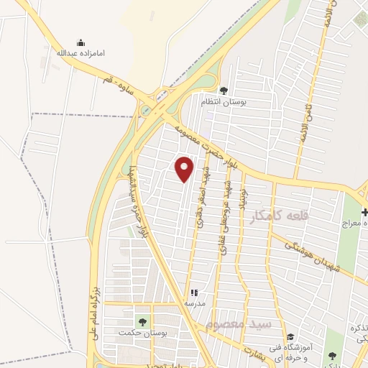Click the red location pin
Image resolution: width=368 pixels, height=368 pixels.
pos(185,168)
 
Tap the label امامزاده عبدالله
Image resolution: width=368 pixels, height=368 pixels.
pos(80,53)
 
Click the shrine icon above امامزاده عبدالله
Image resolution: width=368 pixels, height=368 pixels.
pos(80,42)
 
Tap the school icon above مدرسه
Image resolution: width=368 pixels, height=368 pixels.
pos(194,293)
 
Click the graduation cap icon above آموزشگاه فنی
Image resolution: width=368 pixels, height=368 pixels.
pos(290,336)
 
